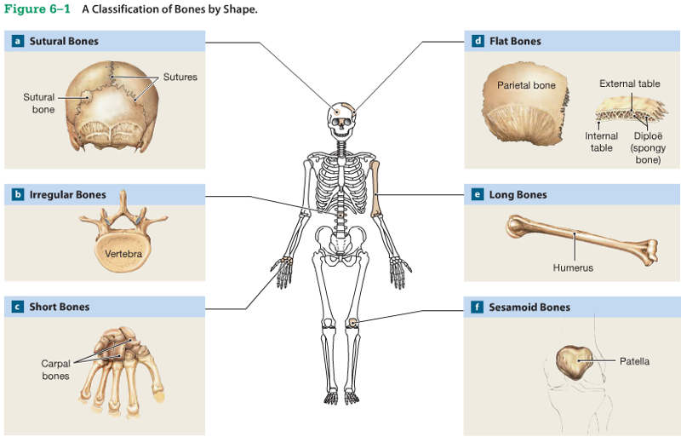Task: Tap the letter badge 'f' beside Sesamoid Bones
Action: (478, 307)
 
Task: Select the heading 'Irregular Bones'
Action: (68, 194)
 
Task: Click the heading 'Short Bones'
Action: (60, 307)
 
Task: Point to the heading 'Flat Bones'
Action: (515, 41)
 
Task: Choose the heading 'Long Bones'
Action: (518, 194)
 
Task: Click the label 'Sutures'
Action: (180, 77)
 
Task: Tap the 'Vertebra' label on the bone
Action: (123, 254)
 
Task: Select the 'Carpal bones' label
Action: (55, 370)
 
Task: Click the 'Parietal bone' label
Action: (526, 85)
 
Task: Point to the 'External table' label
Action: (629, 83)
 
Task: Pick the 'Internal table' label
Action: (601, 141)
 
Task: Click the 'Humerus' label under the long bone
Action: (573, 267)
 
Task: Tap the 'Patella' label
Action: (634, 361)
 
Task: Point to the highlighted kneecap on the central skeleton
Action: (352, 322)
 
